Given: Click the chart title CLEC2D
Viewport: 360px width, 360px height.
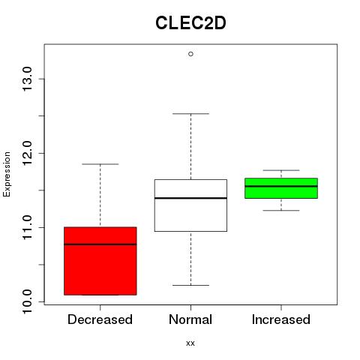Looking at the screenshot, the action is coord(190,23).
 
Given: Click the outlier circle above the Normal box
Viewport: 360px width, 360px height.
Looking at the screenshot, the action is coord(190,54).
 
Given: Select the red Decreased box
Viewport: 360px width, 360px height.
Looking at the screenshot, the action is coord(100,261).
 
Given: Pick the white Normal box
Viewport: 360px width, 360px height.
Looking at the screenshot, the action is coord(190,205).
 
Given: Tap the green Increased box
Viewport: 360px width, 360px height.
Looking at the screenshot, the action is coord(281,188).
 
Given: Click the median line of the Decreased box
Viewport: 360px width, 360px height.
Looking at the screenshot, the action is coord(100,244).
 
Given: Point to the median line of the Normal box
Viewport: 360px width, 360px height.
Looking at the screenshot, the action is coord(190,198).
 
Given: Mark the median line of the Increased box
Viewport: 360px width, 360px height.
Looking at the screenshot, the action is coord(281,186).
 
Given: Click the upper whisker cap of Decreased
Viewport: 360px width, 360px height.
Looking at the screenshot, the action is coord(100,164).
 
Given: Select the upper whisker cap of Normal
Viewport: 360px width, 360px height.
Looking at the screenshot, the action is coord(190,114).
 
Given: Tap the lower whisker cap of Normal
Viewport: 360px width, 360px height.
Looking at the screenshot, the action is coord(190,285).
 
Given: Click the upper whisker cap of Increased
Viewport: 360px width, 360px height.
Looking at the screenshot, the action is coord(281,170).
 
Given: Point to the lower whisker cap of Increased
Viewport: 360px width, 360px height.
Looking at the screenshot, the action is coord(281,211).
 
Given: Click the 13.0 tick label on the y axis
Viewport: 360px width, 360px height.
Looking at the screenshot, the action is coord(27,79).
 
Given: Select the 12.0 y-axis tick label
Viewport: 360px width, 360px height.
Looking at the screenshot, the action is coord(27,153).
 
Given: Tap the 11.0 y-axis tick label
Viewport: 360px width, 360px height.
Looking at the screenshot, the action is coord(27,227).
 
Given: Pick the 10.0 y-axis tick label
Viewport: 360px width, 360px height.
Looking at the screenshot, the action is coord(27,301).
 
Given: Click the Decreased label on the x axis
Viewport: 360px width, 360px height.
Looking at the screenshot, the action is coord(100,319).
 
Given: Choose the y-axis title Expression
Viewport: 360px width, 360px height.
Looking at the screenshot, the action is coord(7,174).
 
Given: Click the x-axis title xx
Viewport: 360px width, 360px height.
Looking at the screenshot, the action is coord(190,343).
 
